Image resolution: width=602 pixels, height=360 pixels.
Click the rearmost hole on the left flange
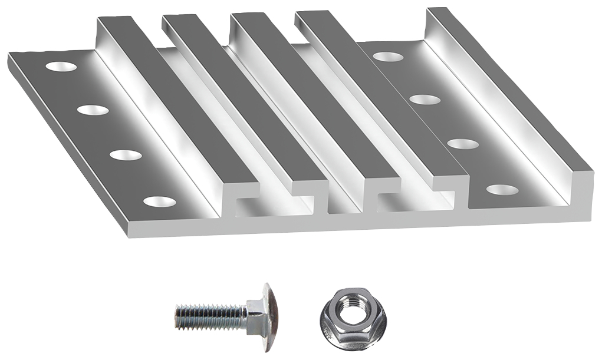62,67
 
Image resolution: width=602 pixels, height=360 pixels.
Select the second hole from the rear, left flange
94,110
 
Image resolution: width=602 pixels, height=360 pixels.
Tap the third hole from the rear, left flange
126,156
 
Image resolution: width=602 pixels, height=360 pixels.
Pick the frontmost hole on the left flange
159,202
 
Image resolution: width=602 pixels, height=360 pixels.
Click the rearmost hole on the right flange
387,57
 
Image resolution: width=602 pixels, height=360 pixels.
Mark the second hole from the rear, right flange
425,100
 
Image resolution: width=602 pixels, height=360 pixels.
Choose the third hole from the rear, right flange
462,144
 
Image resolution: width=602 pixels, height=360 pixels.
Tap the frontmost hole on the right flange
501,190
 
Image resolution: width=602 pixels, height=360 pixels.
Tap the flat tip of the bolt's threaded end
176,317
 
